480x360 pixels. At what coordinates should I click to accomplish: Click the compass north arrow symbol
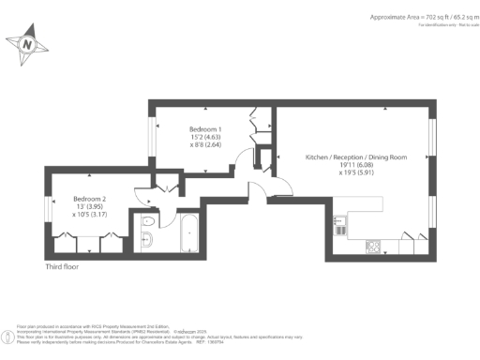(x=28, y=43)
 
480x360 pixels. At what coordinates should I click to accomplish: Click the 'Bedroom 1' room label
(x=205, y=127)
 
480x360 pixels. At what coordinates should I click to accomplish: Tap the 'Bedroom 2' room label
(x=90, y=198)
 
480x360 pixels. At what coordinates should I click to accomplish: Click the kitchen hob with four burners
(x=372, y=247)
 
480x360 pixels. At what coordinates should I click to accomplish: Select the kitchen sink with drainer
(x=339, y=225)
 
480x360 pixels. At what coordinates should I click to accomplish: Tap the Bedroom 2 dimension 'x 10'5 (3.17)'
(x=90, y=215)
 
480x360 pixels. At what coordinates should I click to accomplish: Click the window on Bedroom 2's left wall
(x=46, y=208)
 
